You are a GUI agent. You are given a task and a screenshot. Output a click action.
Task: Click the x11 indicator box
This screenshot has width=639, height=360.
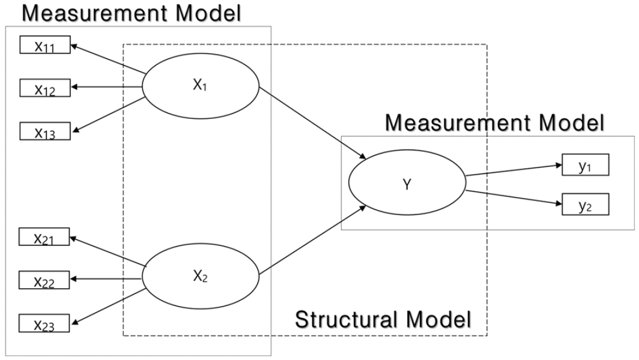(x=45, y=45)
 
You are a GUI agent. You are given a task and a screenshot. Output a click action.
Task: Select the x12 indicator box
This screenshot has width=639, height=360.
(x=45, y=88)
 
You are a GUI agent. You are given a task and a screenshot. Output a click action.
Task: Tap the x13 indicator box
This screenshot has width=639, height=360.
(x=45, y=131)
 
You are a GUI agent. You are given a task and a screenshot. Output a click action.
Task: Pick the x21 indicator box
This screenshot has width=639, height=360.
(x=44, y=237)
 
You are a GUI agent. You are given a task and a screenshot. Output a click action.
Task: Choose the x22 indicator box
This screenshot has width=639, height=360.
(x=44, y=280)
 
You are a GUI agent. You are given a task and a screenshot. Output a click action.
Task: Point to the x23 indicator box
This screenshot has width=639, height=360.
(x=44, y=323)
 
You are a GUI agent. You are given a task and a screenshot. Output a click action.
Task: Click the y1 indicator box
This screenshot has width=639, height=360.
(x=585, y=165)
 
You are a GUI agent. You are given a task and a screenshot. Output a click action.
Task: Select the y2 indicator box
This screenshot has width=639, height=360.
(x=585, y=204)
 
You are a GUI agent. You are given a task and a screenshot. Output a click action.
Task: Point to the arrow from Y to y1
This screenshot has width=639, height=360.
(x=514, y=170)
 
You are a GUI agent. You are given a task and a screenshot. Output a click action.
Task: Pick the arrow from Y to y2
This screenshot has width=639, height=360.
(x=514, y=197)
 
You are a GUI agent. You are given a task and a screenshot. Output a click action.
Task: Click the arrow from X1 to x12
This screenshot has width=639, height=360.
(x=106, y=87)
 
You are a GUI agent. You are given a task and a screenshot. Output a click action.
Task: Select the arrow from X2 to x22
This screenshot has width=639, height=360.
(x=105, y=279)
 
